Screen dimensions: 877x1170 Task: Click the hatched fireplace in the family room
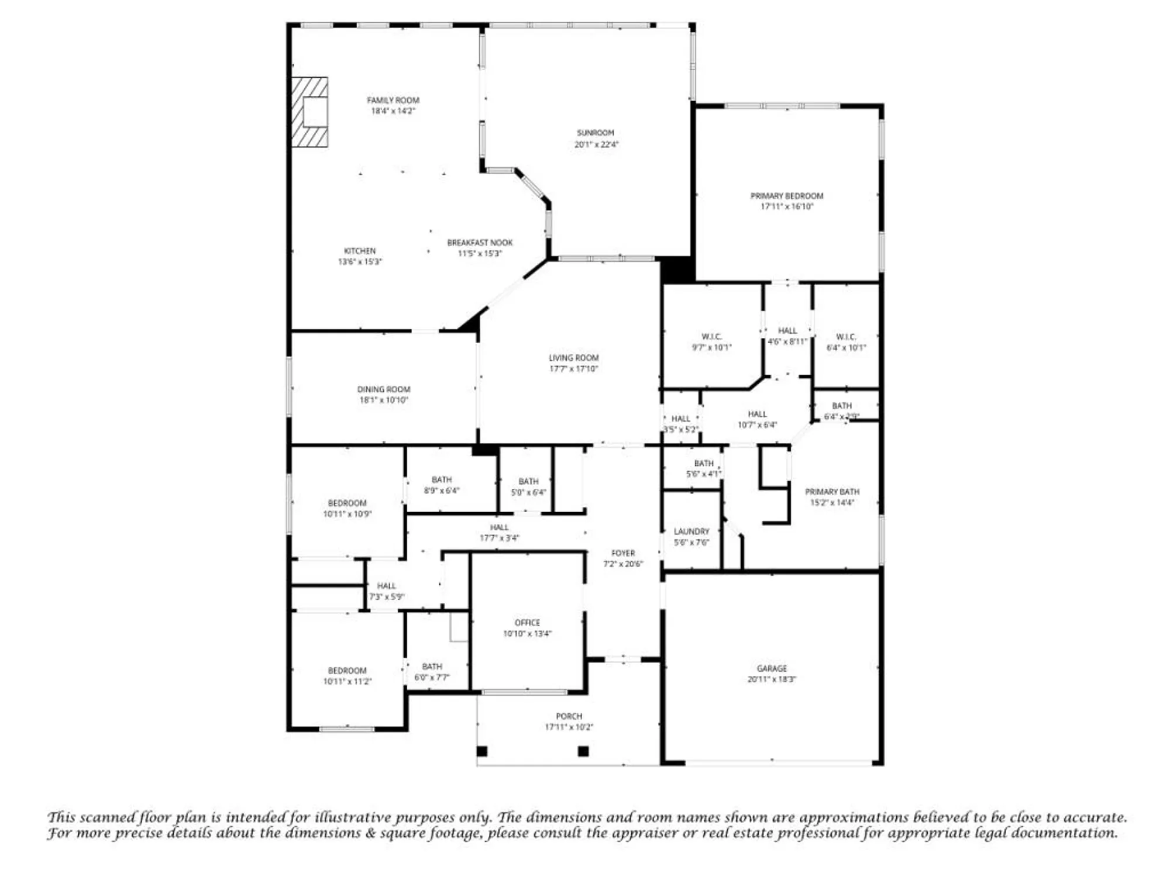click(x=309, y=112)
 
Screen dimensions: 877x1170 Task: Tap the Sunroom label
click(x=596, y=133)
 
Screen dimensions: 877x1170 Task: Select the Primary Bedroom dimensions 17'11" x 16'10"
click(x=787, y=206)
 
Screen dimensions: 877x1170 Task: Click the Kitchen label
click(x=360, y=251)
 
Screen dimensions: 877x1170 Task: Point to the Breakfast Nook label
click(x=480, y=243)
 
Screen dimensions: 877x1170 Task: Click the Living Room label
click(x=573, y=358)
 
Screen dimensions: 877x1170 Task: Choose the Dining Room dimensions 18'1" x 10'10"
click(x=384, y=400)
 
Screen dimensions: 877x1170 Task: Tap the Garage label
click(x=772, y=668)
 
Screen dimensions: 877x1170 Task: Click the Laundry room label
click(x=691, y=531)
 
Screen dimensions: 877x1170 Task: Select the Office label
click(x=527, y=623)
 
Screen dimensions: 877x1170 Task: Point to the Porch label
click(x=569, y=716)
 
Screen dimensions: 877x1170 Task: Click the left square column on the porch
click(x=482, y=751)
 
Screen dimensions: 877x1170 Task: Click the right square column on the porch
click(x=583, y=751)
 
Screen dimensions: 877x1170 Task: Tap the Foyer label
click(x=623, y=553)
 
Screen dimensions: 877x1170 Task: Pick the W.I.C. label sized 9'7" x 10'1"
click(x=711, y=337)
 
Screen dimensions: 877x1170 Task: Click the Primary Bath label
click(x=832, y=492)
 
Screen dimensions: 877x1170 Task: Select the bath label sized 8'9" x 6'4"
click(x=442, y=480)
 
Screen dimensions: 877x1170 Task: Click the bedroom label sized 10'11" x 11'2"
click(x=347, y=671)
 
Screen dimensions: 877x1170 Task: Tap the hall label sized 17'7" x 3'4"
click(x=499, y=527)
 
